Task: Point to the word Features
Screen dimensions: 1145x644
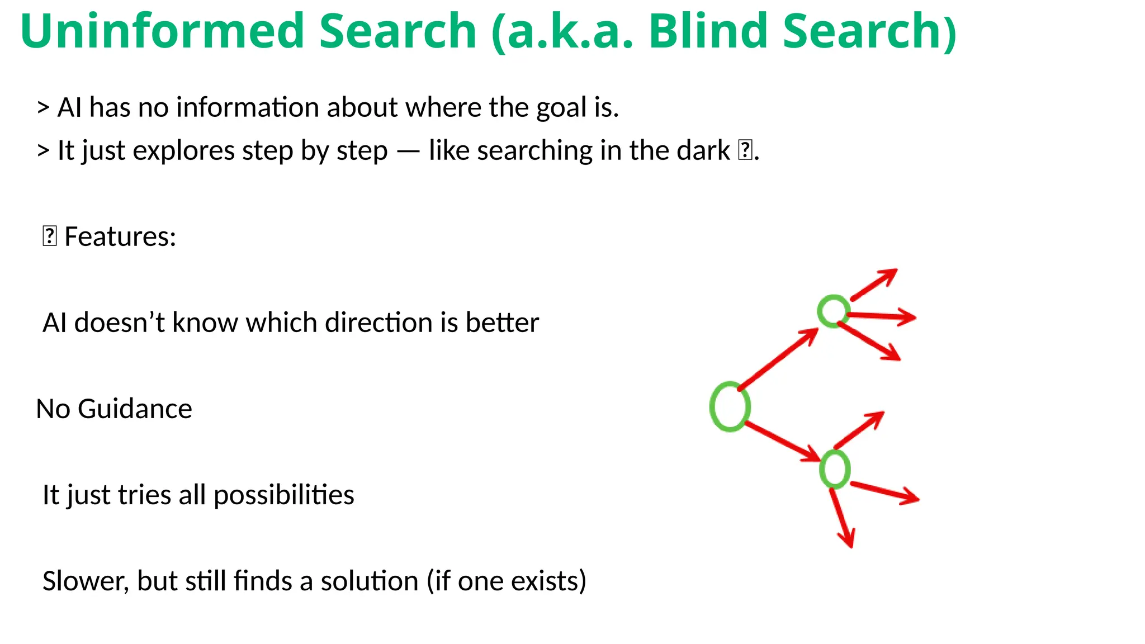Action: pyautogui.click(x=120, y=237)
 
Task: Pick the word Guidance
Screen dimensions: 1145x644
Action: pyautogui.click(x=135, y=409)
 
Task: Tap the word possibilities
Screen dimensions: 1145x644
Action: pyautogui.click(x=283, y=495)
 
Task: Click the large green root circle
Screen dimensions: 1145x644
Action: pyautogui.click(x=730, y=406)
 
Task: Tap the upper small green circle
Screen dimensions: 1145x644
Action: pyautogui.click(x=834, y=311)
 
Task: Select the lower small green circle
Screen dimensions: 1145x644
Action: pyautogui.click(x=835, y=469)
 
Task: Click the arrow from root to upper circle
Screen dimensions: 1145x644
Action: pyautogui.click(x=778, y=358)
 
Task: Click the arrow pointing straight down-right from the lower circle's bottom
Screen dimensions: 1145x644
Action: pyautogui.click(x=842, y=518)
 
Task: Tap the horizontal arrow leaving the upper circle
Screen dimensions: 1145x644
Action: pyautogui.click(x=882, y=316)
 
